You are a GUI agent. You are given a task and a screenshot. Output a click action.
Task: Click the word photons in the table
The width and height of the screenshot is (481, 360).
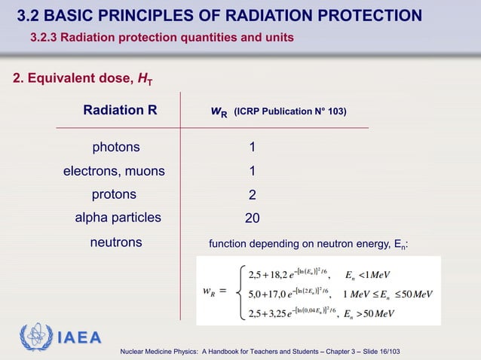tap(115, 147)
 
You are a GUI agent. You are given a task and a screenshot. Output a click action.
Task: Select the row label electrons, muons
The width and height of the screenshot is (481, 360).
tap(113, 171)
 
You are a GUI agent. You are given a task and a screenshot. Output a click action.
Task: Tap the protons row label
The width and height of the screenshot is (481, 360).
tap(114, 194)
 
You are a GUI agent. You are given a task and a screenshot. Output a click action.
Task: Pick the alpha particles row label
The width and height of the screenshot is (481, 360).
tap(118, 218)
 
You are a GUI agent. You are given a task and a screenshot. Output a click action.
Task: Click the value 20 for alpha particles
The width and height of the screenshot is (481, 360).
tap(253, 218)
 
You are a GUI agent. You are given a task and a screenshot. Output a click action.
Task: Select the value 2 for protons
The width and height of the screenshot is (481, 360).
tap(253, 195)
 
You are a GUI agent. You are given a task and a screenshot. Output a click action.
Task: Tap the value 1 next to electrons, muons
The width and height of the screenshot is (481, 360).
tap(253, 172)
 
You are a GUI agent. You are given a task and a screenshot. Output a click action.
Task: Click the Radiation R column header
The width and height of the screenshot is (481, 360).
tap(120, 111)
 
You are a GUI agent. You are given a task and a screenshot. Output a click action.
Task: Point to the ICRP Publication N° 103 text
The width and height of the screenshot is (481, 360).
tap(290, 112)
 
